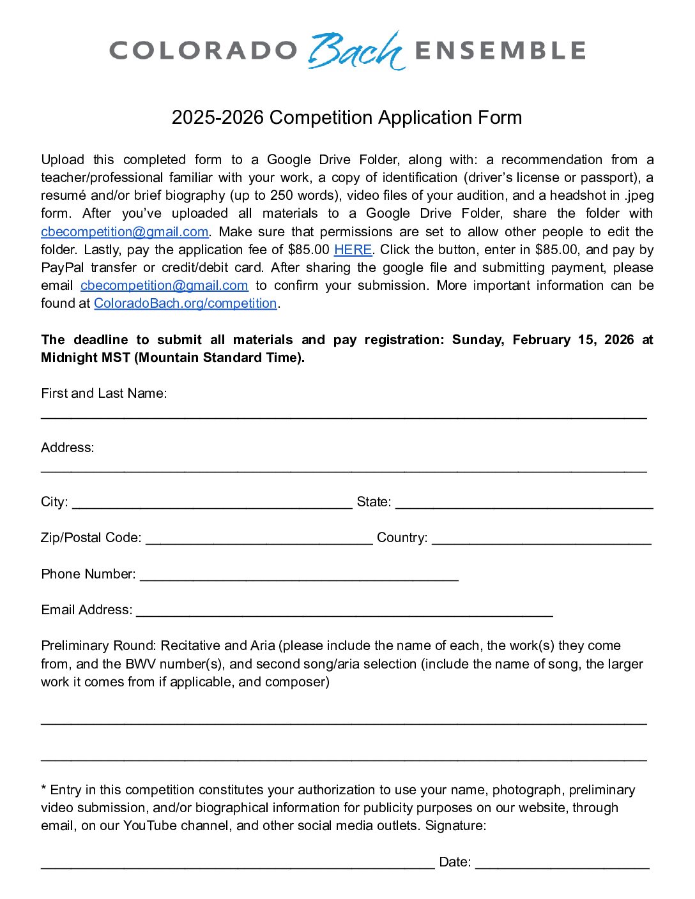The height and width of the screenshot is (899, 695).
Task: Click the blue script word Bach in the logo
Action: [356, 50]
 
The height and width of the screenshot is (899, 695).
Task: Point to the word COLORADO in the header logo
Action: [204, 50]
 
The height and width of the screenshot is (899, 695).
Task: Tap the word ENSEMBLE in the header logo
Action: [500, 50]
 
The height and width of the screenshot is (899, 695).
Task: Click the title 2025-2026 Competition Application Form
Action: [347, 117]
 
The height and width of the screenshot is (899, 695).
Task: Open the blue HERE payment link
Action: [353, 250]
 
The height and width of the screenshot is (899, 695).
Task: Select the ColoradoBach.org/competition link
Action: [185, 303]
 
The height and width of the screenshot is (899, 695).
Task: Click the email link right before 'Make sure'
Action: [125, 232]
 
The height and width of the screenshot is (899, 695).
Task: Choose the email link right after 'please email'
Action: [164, 285]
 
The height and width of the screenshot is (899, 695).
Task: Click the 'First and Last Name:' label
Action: [104, 393]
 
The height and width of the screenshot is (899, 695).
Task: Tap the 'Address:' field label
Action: [68, 448]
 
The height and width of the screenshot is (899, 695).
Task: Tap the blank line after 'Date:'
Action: [562, 865]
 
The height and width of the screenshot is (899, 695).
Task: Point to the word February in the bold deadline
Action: [542, 340]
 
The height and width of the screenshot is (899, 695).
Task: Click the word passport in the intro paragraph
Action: [611, 178]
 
